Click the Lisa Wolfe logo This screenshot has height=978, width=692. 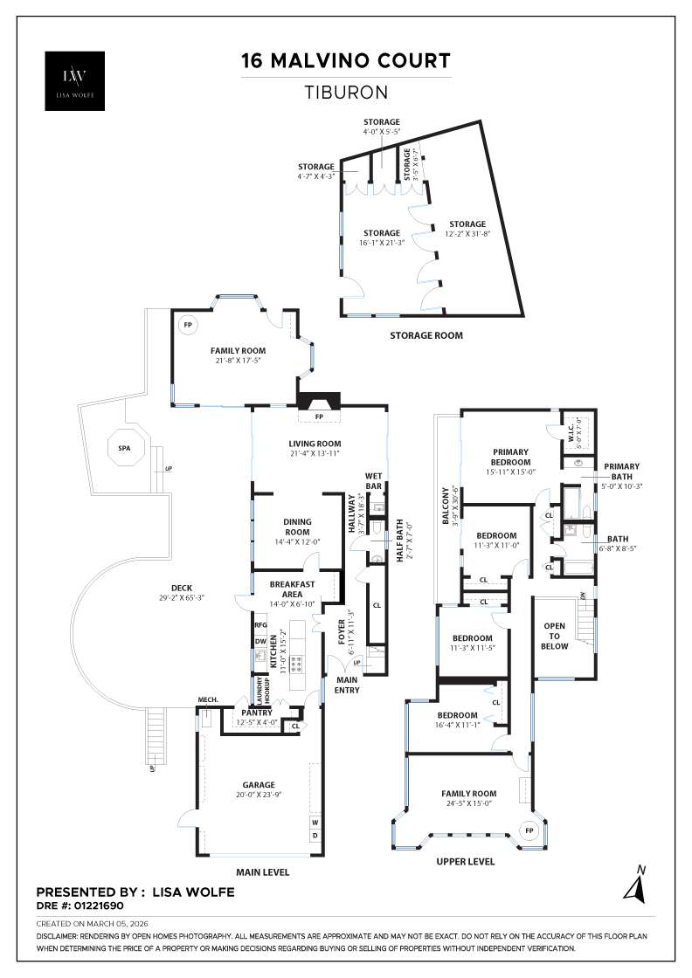tap(75, 81)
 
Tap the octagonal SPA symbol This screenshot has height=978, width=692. tap(124, 448)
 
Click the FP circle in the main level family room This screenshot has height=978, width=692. tap(186, 325)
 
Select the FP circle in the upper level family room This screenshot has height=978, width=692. tap(529, 830)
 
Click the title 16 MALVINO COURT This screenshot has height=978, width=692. tap(346, 61)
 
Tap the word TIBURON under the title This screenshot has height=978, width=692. tap(346, 91)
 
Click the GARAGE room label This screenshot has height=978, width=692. tap(259, 784)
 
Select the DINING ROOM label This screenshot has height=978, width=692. tap(297, 527)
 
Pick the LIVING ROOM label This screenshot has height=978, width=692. tap(315, 444)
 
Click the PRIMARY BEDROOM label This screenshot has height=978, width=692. tap(510, 457)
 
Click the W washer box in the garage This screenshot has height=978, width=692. tap(315, 823)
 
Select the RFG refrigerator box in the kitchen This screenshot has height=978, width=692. tap(260, 625)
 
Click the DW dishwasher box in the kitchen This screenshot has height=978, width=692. tap(260, 642)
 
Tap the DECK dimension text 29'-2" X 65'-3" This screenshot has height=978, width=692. tap(182, 598)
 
